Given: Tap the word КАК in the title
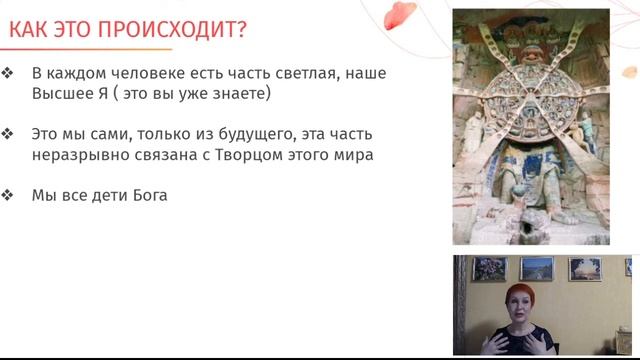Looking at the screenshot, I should (29, 29).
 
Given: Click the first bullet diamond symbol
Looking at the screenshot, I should (8, 74).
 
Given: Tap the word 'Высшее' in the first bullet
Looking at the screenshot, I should (61, 94).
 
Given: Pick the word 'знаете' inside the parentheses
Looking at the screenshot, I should (252, 94).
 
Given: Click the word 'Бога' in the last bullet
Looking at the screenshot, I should (149, 196).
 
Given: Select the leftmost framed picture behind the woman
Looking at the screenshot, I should (490, 269).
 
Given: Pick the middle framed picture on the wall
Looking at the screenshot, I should (536, 269).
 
